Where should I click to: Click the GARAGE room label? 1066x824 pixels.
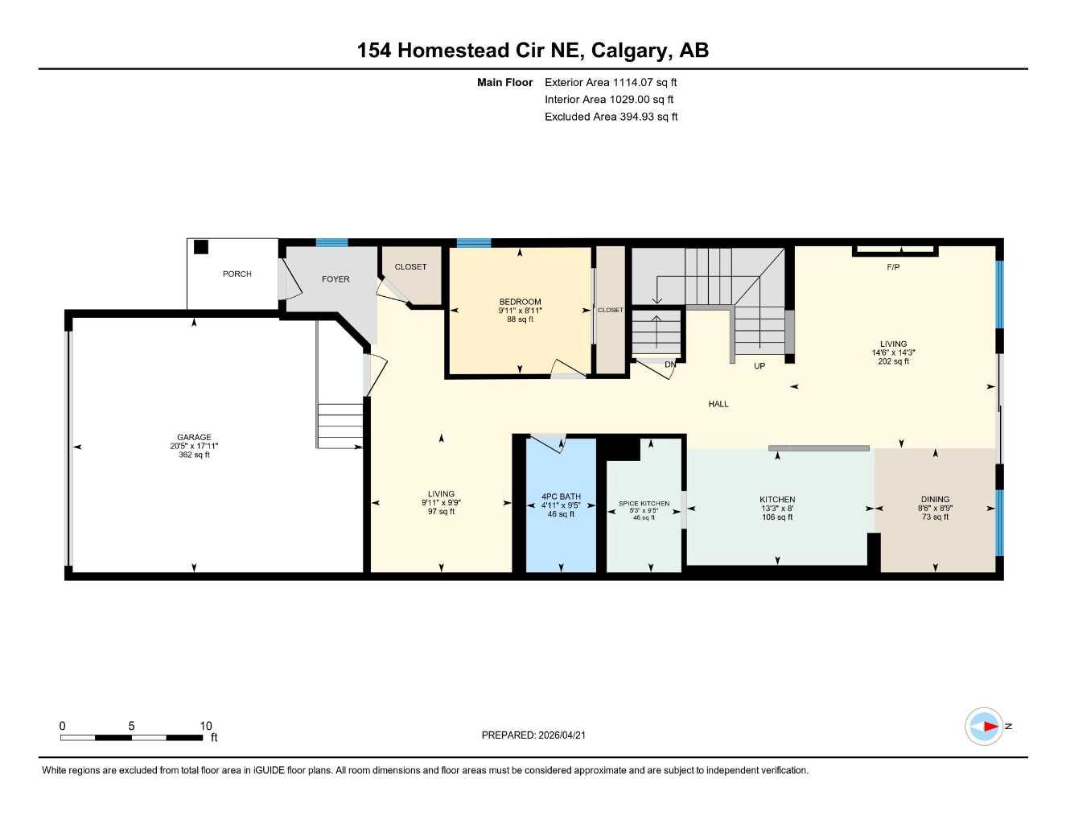click(194, 438)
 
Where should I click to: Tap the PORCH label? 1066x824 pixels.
click(237, 274)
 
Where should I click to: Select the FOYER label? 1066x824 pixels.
click(335, 279)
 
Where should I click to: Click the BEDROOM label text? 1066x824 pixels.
click(520, 303)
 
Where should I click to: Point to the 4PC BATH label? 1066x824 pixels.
click(561, 497)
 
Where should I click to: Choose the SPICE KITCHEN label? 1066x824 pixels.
click(644, 504)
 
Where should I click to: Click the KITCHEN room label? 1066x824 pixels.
click(777, 500)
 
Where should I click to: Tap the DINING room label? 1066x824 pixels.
click(935, 500)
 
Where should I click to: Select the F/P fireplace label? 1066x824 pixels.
click(893, 267)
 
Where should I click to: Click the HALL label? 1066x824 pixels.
click(718, 404)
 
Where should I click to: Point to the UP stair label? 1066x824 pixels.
click(759, 366)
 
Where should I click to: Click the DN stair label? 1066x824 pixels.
click(670, 365)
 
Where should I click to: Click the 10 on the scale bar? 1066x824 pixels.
click(206, 726)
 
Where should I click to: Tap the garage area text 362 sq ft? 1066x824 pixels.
click(194, 455)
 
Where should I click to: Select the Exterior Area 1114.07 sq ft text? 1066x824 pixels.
click(611, 82)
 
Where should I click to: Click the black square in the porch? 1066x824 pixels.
click(201, 247)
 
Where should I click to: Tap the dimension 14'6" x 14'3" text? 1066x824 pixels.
click(893, 352)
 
